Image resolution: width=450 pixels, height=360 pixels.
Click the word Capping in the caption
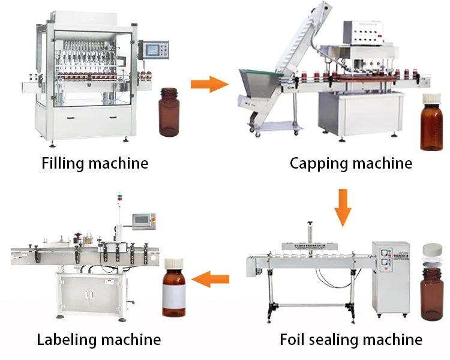click(x=316, y=163)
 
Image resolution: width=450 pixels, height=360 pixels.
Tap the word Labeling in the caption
click(x=66, y=340)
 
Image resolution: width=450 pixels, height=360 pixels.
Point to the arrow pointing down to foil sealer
click(x=343, y=207)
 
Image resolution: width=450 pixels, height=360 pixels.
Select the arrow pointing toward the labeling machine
click(x=214, y=278)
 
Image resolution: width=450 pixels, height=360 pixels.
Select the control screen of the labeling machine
click(x=143, y=220)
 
